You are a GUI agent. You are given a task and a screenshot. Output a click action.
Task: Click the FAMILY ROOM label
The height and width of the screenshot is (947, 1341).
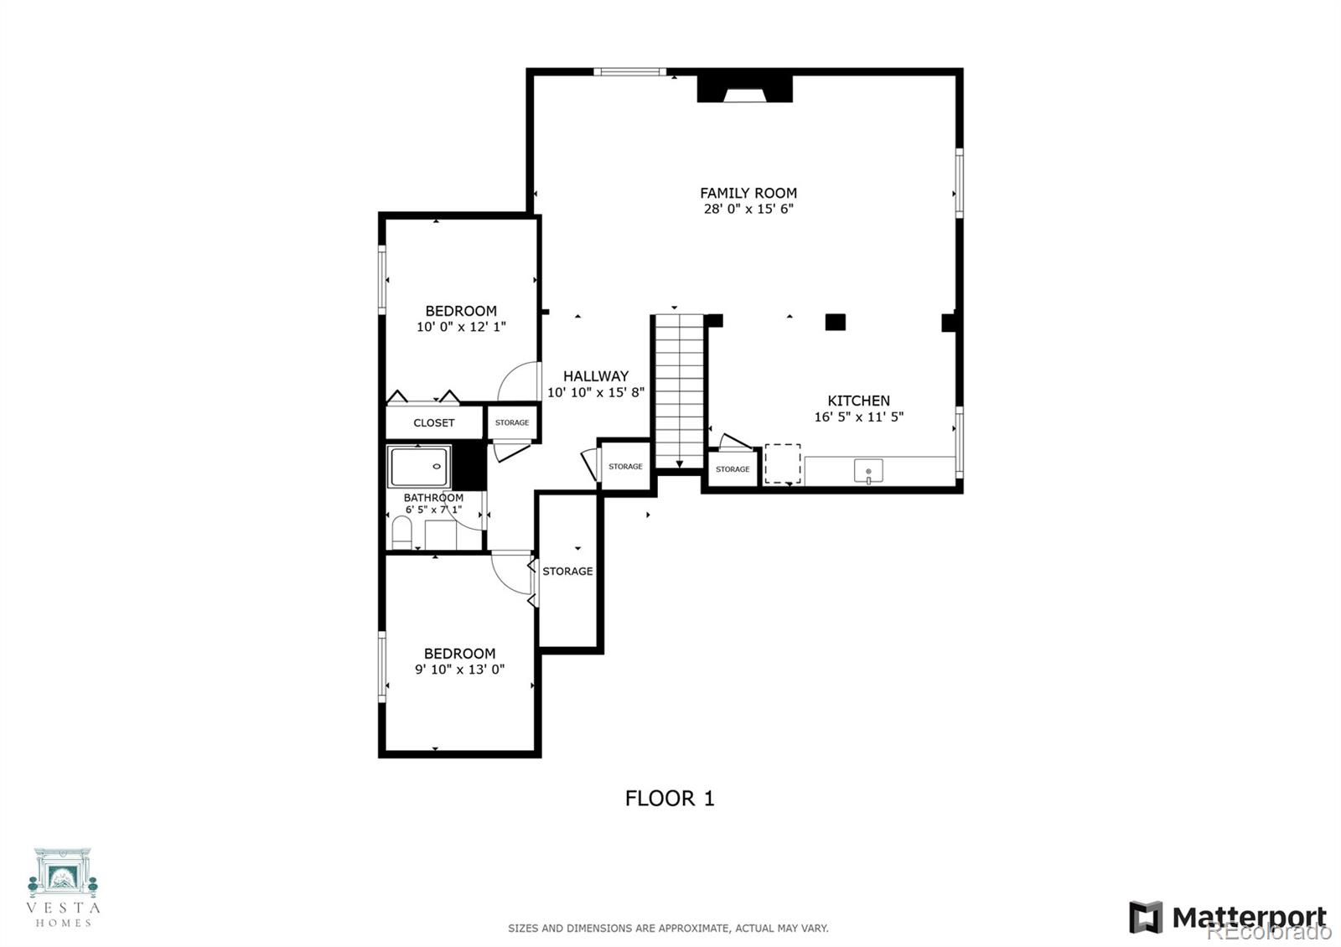[x=748, y=193]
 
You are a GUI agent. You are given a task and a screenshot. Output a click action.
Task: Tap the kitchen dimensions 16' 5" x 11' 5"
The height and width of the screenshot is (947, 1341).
[x=858, y=417]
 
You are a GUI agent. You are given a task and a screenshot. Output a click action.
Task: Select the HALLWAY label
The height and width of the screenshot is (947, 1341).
[x=596, y=376]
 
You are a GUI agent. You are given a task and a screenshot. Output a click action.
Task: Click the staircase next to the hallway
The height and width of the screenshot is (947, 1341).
[x=678, y=390]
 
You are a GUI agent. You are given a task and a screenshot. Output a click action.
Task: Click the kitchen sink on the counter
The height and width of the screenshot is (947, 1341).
[x=868, y=471]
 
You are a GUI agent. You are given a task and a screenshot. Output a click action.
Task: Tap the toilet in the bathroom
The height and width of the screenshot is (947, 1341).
[x=402, y=533]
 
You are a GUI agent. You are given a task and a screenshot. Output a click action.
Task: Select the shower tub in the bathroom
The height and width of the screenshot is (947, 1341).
[x=418, y=466]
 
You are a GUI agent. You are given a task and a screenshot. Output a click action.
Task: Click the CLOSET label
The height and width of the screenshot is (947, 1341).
[x=434, y=422]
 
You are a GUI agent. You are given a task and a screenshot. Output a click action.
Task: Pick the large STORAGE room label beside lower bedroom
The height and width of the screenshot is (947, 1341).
[x=567, y=571]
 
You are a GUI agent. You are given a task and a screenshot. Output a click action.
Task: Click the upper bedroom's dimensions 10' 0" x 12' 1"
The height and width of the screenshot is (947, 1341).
[x=461, y=327]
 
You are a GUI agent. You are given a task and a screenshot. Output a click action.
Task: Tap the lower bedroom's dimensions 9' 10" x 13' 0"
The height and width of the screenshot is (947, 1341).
[x=459, y=670]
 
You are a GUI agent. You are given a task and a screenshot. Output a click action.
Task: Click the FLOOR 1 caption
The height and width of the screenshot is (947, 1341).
[x=670, y=798]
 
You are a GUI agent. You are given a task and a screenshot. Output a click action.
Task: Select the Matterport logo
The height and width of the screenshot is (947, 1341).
[x=1228, y=917]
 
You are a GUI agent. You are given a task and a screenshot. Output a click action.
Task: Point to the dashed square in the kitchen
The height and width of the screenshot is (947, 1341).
[x=782, y=463]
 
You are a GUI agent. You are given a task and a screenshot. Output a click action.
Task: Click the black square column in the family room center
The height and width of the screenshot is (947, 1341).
[x=835, y=322]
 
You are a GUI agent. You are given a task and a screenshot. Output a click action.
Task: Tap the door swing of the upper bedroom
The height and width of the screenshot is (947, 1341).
[x=518, y=381]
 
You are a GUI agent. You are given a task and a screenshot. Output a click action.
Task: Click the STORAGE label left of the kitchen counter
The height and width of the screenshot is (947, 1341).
[x=733, y=469]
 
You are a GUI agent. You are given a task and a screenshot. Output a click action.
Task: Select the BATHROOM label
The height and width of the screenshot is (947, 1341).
[x=433, y=497]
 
